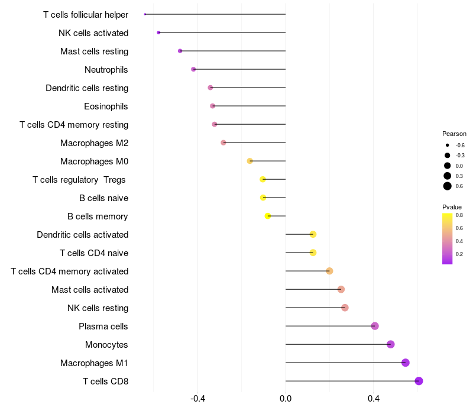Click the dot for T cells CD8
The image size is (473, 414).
click(419, 381)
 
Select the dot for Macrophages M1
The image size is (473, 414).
click(405, 363)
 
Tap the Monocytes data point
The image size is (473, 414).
click(390, 344)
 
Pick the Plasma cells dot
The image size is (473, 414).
click(375, 326)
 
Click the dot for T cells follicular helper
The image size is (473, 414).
click(145, 14)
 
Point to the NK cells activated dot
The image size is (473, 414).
click(158, 33)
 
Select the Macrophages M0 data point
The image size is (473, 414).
click(250, 161)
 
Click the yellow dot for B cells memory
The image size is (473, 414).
click(268, 216)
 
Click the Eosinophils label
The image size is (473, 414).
click(106, 106)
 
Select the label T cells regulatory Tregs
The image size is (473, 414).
click(80, 179)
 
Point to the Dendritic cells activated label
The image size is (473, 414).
click(83, 235)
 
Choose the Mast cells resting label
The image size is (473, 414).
click(95, 51)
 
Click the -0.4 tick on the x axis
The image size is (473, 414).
click(197, 399)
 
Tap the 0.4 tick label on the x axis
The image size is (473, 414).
click(373, 399)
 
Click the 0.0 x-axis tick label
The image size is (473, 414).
click(286, 399)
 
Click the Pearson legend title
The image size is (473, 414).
click(454, 134)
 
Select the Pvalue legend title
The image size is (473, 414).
click(452, 206)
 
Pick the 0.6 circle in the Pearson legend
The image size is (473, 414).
click(448, 186)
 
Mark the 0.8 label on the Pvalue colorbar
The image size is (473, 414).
click(459, 215)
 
